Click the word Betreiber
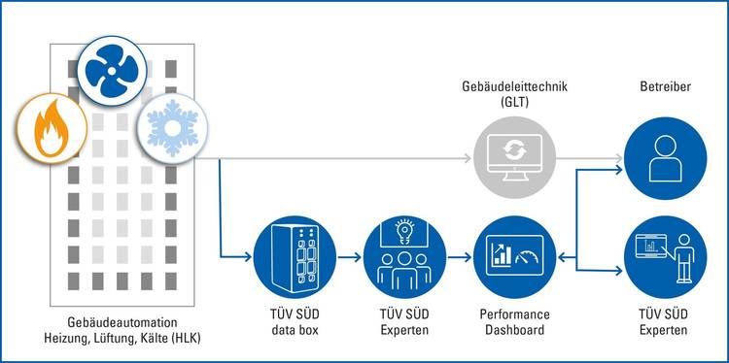665,87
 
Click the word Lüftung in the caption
108,337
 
